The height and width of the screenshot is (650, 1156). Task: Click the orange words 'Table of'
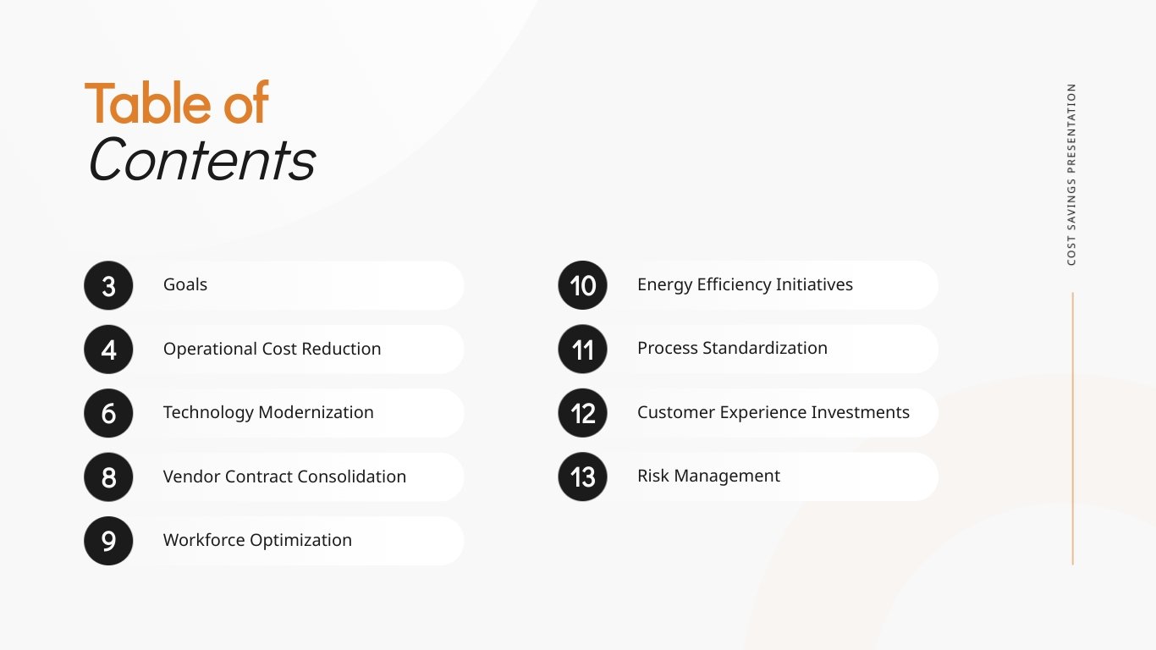[x=177, y=103]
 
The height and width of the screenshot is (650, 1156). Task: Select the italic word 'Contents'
[x=201, y=159]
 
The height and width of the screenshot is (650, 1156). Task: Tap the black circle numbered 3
[x=108, y=285]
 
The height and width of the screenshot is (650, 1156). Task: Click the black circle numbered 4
[x=108, y=350]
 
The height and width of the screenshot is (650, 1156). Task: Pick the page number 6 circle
[x=108, y=413]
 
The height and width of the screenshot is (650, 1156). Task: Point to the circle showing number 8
[x=108, y=477]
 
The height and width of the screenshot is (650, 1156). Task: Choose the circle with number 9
[x=108, y=541]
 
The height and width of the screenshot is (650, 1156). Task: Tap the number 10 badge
[x=582, y=285]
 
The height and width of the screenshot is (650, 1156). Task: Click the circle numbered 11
[x=582, y=350]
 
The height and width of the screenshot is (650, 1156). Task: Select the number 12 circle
[x=582, y=413]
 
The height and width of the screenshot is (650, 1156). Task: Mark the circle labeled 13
[x=582, y=477]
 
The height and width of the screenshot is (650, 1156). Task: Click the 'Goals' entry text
[x=185, y=284]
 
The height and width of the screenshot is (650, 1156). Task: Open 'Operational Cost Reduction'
[x=272, y=349]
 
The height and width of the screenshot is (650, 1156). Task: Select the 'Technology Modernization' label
[x=268, y=412]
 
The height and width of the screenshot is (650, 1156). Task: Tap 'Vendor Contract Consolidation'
[x=284, y=476]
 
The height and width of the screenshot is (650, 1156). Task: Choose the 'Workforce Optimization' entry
[x=257, y=540]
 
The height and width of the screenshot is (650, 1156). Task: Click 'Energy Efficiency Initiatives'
[x=745, y=284]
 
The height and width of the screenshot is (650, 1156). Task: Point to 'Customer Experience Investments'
[x=773, y=412]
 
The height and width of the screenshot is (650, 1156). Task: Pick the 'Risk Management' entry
[x=708, y=476]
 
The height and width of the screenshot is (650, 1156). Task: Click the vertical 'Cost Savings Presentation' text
[x=1071, y=174]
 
